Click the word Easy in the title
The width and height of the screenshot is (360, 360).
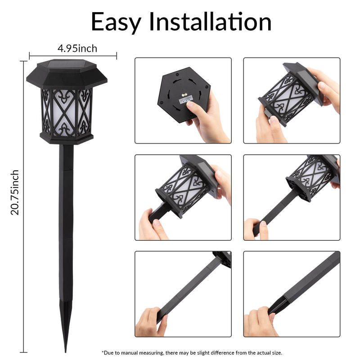(x=116, y=22)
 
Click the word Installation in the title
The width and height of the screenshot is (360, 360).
(x=210, y=21)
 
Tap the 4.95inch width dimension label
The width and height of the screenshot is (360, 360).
(x=77, y=49)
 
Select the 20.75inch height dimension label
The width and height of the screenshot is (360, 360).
(x=15, y=193)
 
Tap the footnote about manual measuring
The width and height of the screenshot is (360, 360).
(x=192, y=353)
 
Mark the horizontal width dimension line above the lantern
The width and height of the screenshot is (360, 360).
(x=73, y=56)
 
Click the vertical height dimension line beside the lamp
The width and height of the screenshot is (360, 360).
(x=23, y=207)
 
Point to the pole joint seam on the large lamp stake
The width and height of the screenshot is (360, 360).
(x=66, y=170)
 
